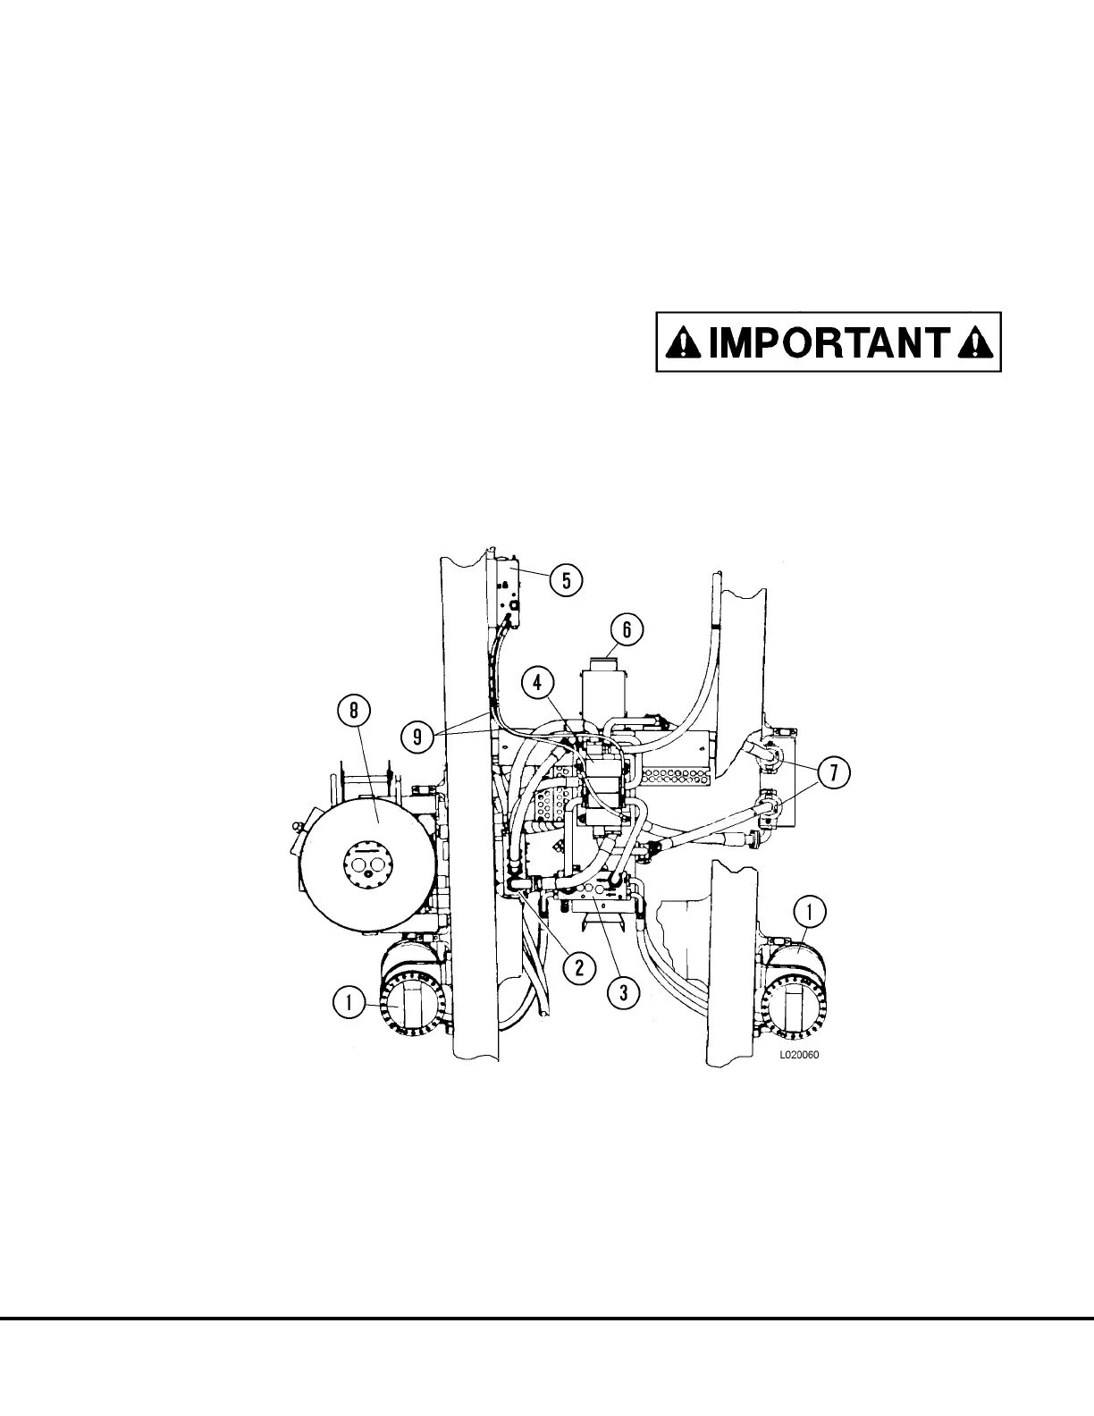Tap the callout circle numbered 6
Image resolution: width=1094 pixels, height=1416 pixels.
click(627, 630)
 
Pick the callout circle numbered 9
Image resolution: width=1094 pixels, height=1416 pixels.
click(417, 737)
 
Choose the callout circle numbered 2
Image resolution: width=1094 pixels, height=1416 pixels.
click(579, 966)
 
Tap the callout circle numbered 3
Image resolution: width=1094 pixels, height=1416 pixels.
click(623, 991)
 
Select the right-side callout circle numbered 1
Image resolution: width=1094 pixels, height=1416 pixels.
click(810, 913)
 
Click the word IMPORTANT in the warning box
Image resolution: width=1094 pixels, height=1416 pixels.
click(829, 341)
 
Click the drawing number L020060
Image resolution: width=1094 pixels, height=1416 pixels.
click(799, 1055)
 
